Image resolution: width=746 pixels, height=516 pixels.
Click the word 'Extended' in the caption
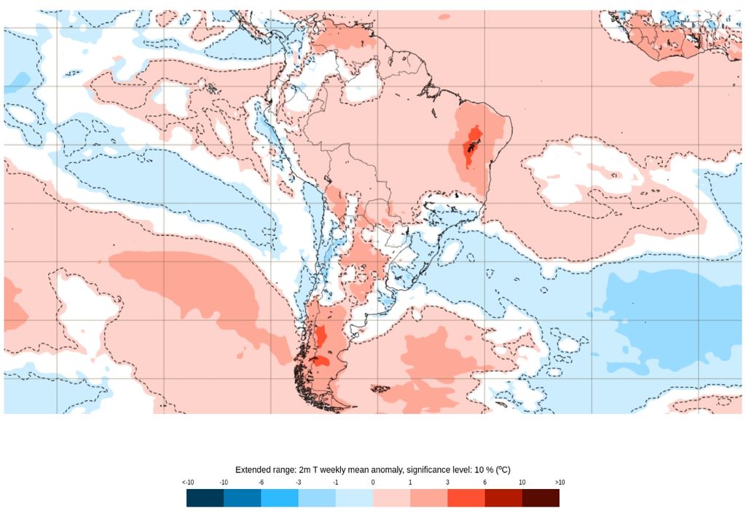[252, 469]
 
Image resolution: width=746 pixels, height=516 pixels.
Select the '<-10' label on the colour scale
[188, 483]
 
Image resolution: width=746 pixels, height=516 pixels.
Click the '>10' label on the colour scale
[559, 483]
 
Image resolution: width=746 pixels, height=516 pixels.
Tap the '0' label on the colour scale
[373, 483]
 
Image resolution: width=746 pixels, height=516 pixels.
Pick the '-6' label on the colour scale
[262, 483]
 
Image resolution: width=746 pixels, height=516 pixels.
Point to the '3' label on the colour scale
[447, 483]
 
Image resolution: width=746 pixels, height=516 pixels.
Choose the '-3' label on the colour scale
[299, 483]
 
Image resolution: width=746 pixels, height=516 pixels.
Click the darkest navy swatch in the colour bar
[205, 498]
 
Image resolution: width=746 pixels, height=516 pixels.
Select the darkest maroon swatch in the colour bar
[541, 498]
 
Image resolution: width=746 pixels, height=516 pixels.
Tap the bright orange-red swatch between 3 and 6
[466, 498]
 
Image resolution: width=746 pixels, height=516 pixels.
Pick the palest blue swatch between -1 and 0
[354, 498]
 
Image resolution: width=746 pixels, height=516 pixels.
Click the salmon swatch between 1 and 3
[428, 498]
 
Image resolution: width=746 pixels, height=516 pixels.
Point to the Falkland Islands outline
[380, 389]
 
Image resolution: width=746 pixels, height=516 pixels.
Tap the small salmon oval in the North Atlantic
[672, 79]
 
